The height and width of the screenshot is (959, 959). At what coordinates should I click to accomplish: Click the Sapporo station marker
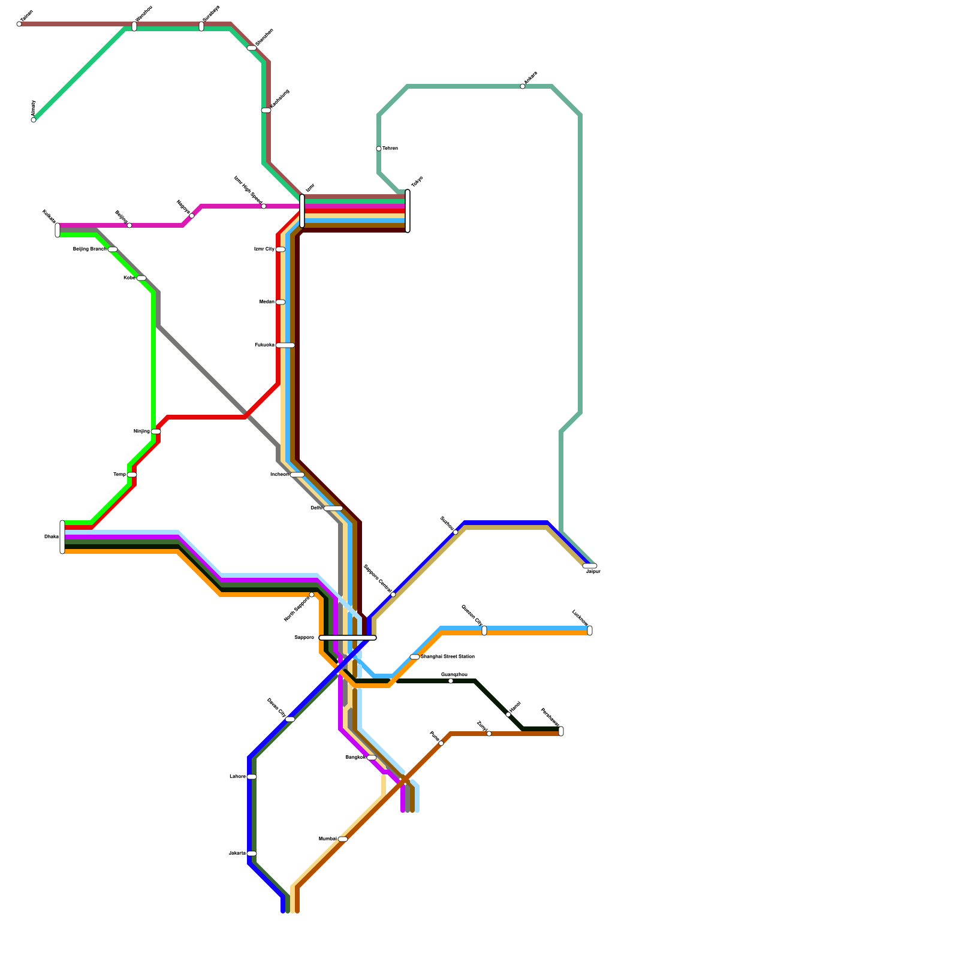[x=348, y=638]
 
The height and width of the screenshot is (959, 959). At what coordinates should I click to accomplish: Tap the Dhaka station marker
[x=62, y=537]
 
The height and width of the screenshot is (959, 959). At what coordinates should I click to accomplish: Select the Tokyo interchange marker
[x=408, y=211]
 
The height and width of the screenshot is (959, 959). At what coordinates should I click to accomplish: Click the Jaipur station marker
[x=590, y=566]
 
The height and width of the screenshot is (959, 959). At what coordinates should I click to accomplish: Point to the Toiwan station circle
[x=379, y=149]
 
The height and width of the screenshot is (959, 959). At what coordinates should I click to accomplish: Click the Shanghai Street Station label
[x=448, y=657]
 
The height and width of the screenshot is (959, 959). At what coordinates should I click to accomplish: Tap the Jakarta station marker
[x=252, y=854]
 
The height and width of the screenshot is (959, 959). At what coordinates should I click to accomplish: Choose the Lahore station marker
[x=252, y=777]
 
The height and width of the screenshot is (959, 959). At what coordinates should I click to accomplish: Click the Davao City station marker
[x=290, y=719]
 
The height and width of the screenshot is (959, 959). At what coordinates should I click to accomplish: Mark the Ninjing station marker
[x=156, y=432]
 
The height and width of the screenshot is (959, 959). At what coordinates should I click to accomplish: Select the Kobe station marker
[x=141, y=278]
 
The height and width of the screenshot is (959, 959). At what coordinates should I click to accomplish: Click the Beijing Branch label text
[x=90, y=249]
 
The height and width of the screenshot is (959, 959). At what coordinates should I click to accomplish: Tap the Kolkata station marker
[x=58, y=230]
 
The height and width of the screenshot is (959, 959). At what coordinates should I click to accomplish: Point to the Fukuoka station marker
[x=285, y=345]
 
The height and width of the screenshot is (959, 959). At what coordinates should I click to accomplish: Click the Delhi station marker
[x=333, y=508]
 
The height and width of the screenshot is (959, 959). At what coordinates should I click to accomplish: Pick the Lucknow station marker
[x=590, y=631]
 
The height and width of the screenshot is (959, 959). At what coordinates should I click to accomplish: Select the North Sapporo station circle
[x=312, y=595]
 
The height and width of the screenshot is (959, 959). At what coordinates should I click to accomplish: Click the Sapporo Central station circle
[x=393, y=595]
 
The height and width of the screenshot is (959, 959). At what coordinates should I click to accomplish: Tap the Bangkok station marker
[x=372, y=758]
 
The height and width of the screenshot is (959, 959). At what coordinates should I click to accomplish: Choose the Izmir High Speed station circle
[x=264, y=206]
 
